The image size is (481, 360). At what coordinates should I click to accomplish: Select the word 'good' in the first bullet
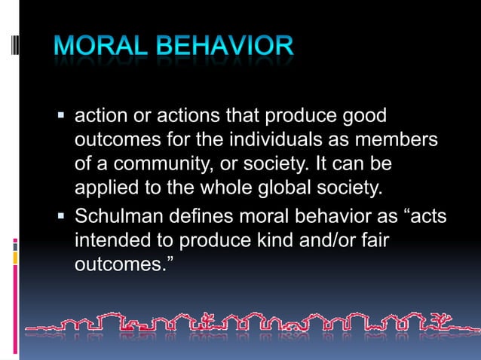363,117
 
